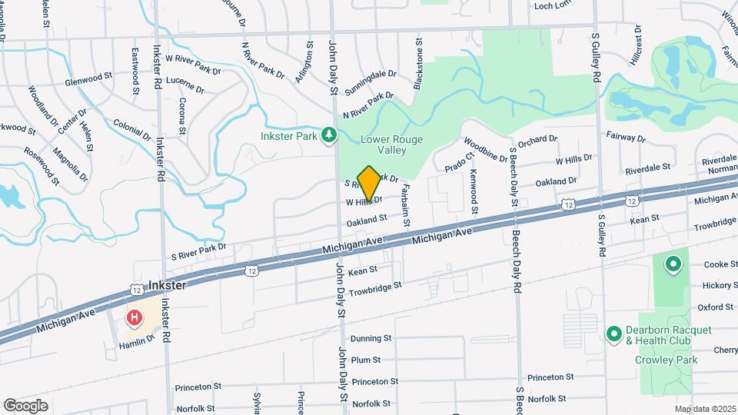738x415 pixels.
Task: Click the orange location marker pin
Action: coord(369,183)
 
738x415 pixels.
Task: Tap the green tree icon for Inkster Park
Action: coord(329,135)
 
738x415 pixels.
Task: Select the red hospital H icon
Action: coord(135,317)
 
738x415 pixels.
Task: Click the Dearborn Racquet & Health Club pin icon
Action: coord(613,334)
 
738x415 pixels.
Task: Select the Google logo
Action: coord(25,405)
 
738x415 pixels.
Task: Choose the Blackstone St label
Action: coord(419,65)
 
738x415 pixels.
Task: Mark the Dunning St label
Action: coord(371,338)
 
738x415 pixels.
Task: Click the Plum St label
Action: coord(365,360)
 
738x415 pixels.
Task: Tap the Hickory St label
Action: coord(720,285)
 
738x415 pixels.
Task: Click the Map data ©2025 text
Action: coord(704,409)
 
